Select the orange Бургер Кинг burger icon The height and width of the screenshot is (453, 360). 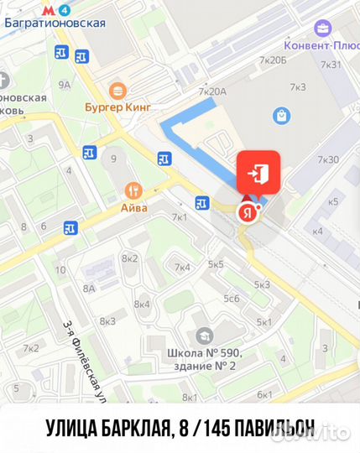(117, 90)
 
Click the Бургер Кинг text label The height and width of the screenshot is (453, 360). (117, 107)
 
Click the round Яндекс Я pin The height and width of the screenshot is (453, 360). (246, 212)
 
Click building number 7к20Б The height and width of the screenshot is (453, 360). (274, 60)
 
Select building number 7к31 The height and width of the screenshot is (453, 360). (330, 65)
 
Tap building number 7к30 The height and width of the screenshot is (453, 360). (328, 160)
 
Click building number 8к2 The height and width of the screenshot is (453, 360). (129, 258)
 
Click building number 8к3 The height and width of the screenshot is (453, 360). (107, 321)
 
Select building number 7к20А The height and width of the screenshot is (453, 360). (213, 91)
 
